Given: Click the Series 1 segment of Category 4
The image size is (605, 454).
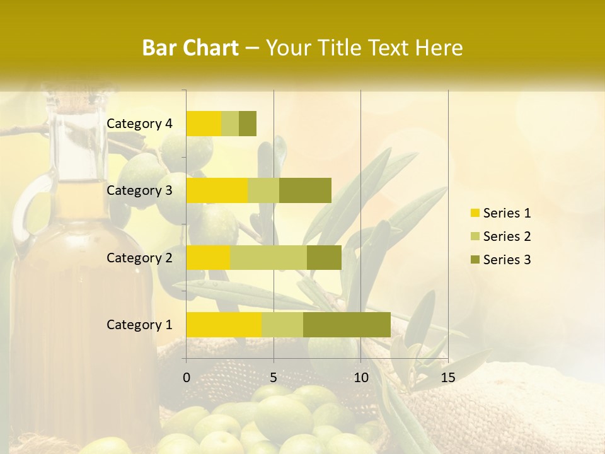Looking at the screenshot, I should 204,124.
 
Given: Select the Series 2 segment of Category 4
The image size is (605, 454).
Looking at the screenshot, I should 230,124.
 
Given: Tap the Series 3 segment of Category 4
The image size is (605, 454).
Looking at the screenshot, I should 248,124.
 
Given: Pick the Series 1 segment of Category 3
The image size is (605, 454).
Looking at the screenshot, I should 217,190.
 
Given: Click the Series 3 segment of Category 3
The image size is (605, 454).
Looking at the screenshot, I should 305,190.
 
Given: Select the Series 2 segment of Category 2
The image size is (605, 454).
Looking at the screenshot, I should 268,257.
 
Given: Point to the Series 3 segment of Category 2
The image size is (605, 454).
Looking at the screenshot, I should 324,257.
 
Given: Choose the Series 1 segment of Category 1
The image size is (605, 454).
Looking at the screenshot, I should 224,324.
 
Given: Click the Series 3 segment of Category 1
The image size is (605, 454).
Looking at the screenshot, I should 347,324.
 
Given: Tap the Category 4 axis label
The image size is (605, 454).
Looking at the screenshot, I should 139,124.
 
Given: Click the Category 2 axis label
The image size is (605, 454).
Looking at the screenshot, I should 139,257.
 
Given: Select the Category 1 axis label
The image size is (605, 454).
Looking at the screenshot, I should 139,324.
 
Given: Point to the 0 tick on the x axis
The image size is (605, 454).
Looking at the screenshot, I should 187,378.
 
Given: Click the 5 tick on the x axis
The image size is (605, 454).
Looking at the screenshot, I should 274,378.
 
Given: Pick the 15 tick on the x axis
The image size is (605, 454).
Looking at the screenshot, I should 447,378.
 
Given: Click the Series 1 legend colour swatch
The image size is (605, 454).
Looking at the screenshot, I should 475,213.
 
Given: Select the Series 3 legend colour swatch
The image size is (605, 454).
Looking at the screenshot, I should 475,260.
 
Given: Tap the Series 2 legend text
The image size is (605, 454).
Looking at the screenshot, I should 507,236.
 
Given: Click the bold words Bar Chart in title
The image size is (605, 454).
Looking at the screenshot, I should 190,48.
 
